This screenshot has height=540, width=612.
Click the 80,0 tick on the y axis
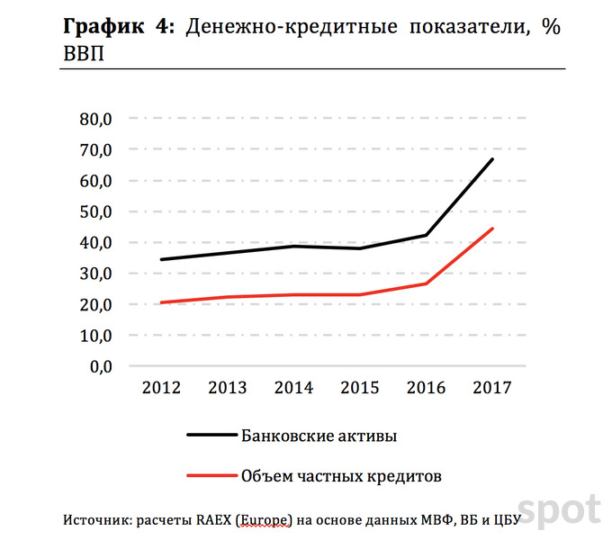tap(94, 119)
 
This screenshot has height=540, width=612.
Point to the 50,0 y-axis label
tap(94, 211)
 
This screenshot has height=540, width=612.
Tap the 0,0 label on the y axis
tap(99, 366)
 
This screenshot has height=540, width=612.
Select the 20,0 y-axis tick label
tap(94, 305)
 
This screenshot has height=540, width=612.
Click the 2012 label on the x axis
tap(162, 388)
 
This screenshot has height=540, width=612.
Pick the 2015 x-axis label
tap(360, 388)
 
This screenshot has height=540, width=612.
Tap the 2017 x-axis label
tap(491, 388)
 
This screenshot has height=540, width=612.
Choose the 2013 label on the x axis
tap(228, 388)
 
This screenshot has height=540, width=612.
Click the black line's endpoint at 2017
tap(492, 159)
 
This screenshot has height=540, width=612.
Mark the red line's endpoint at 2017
tap(492, 229)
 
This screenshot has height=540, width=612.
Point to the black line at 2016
tap(427, 235)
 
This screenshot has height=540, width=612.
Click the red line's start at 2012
tap(162, 302)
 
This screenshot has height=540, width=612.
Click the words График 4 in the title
tap(117, 26)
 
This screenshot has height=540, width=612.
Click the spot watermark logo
tap(558, 510)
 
